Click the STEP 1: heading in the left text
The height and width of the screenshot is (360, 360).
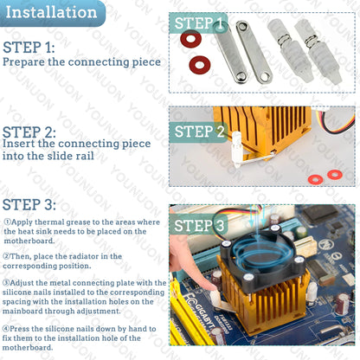click(x=29, y=47)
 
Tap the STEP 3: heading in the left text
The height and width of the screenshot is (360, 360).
click(x=29, y=205)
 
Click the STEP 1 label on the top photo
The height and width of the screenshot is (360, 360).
click(x=200, y=23)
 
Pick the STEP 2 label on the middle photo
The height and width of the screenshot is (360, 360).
click(x=200, y=132)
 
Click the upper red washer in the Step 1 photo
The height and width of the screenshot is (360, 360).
click(x=190, y=40)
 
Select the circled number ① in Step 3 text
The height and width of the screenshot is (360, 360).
click(x=7, y=222)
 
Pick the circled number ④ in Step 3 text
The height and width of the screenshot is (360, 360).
click(x=7, y=328)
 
